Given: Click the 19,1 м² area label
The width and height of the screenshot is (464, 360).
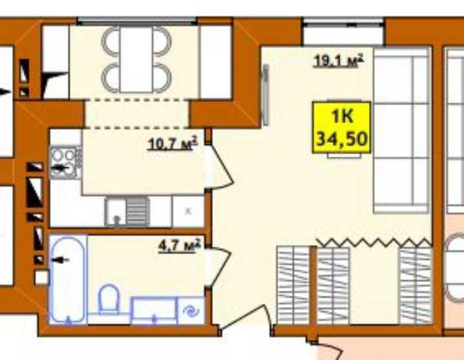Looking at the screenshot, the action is tap(338, 61).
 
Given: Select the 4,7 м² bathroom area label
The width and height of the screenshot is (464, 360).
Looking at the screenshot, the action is tap(180, 246).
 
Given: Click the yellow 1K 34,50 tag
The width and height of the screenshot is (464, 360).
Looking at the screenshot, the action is tap(342, 127).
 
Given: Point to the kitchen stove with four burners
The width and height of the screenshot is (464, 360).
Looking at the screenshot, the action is tap(65, 162).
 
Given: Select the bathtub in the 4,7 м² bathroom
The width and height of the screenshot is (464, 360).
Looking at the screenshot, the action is tap(68, 279).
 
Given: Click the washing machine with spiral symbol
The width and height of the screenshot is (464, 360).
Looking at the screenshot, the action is tap(191, 311).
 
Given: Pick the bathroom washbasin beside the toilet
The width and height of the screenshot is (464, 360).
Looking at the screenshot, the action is tap(154, 310).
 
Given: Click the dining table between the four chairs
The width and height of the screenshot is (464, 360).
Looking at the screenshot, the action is tap(136, 60).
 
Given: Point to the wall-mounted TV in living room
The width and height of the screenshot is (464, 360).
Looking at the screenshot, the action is tap(266, 95).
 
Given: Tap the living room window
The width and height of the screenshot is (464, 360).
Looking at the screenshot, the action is tap(343, 21).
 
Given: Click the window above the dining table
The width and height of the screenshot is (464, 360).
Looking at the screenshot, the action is tap(137, 21).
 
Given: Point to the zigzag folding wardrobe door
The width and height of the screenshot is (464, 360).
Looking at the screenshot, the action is tap(374, 243).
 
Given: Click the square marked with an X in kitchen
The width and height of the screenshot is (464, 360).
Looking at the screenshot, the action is tap(188, 211).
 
